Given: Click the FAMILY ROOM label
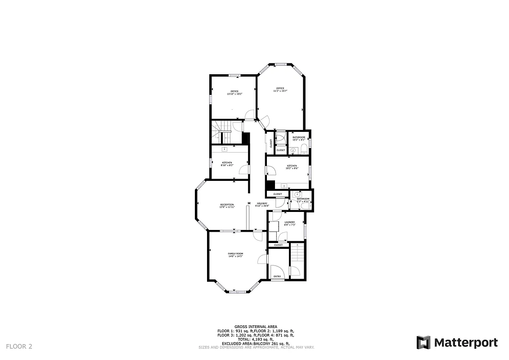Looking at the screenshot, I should point(235,254).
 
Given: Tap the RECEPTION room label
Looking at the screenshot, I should point(227,205).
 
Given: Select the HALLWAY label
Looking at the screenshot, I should point(262,203).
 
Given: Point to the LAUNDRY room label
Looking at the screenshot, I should point(290,222).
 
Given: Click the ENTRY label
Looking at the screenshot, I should point(277,276).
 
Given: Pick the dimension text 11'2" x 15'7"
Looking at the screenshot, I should point(280,91).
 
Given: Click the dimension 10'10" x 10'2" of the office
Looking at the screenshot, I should point(234,94).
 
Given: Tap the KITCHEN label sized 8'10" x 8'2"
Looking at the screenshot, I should point(227,162).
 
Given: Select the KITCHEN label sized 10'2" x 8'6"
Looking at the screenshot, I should point(292,166).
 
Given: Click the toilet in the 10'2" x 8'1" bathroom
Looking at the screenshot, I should point(304,149).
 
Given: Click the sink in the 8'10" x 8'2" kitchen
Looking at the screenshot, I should point(224,149).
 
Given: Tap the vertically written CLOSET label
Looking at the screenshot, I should point(271,144).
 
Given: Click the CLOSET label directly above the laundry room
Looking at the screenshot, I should point(278,194).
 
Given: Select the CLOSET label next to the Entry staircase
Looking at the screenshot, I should point(278,245).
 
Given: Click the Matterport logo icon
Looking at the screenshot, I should point(423,342).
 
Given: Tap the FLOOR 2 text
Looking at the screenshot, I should point(19,346).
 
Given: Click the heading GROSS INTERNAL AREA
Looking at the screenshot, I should point(256,327).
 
